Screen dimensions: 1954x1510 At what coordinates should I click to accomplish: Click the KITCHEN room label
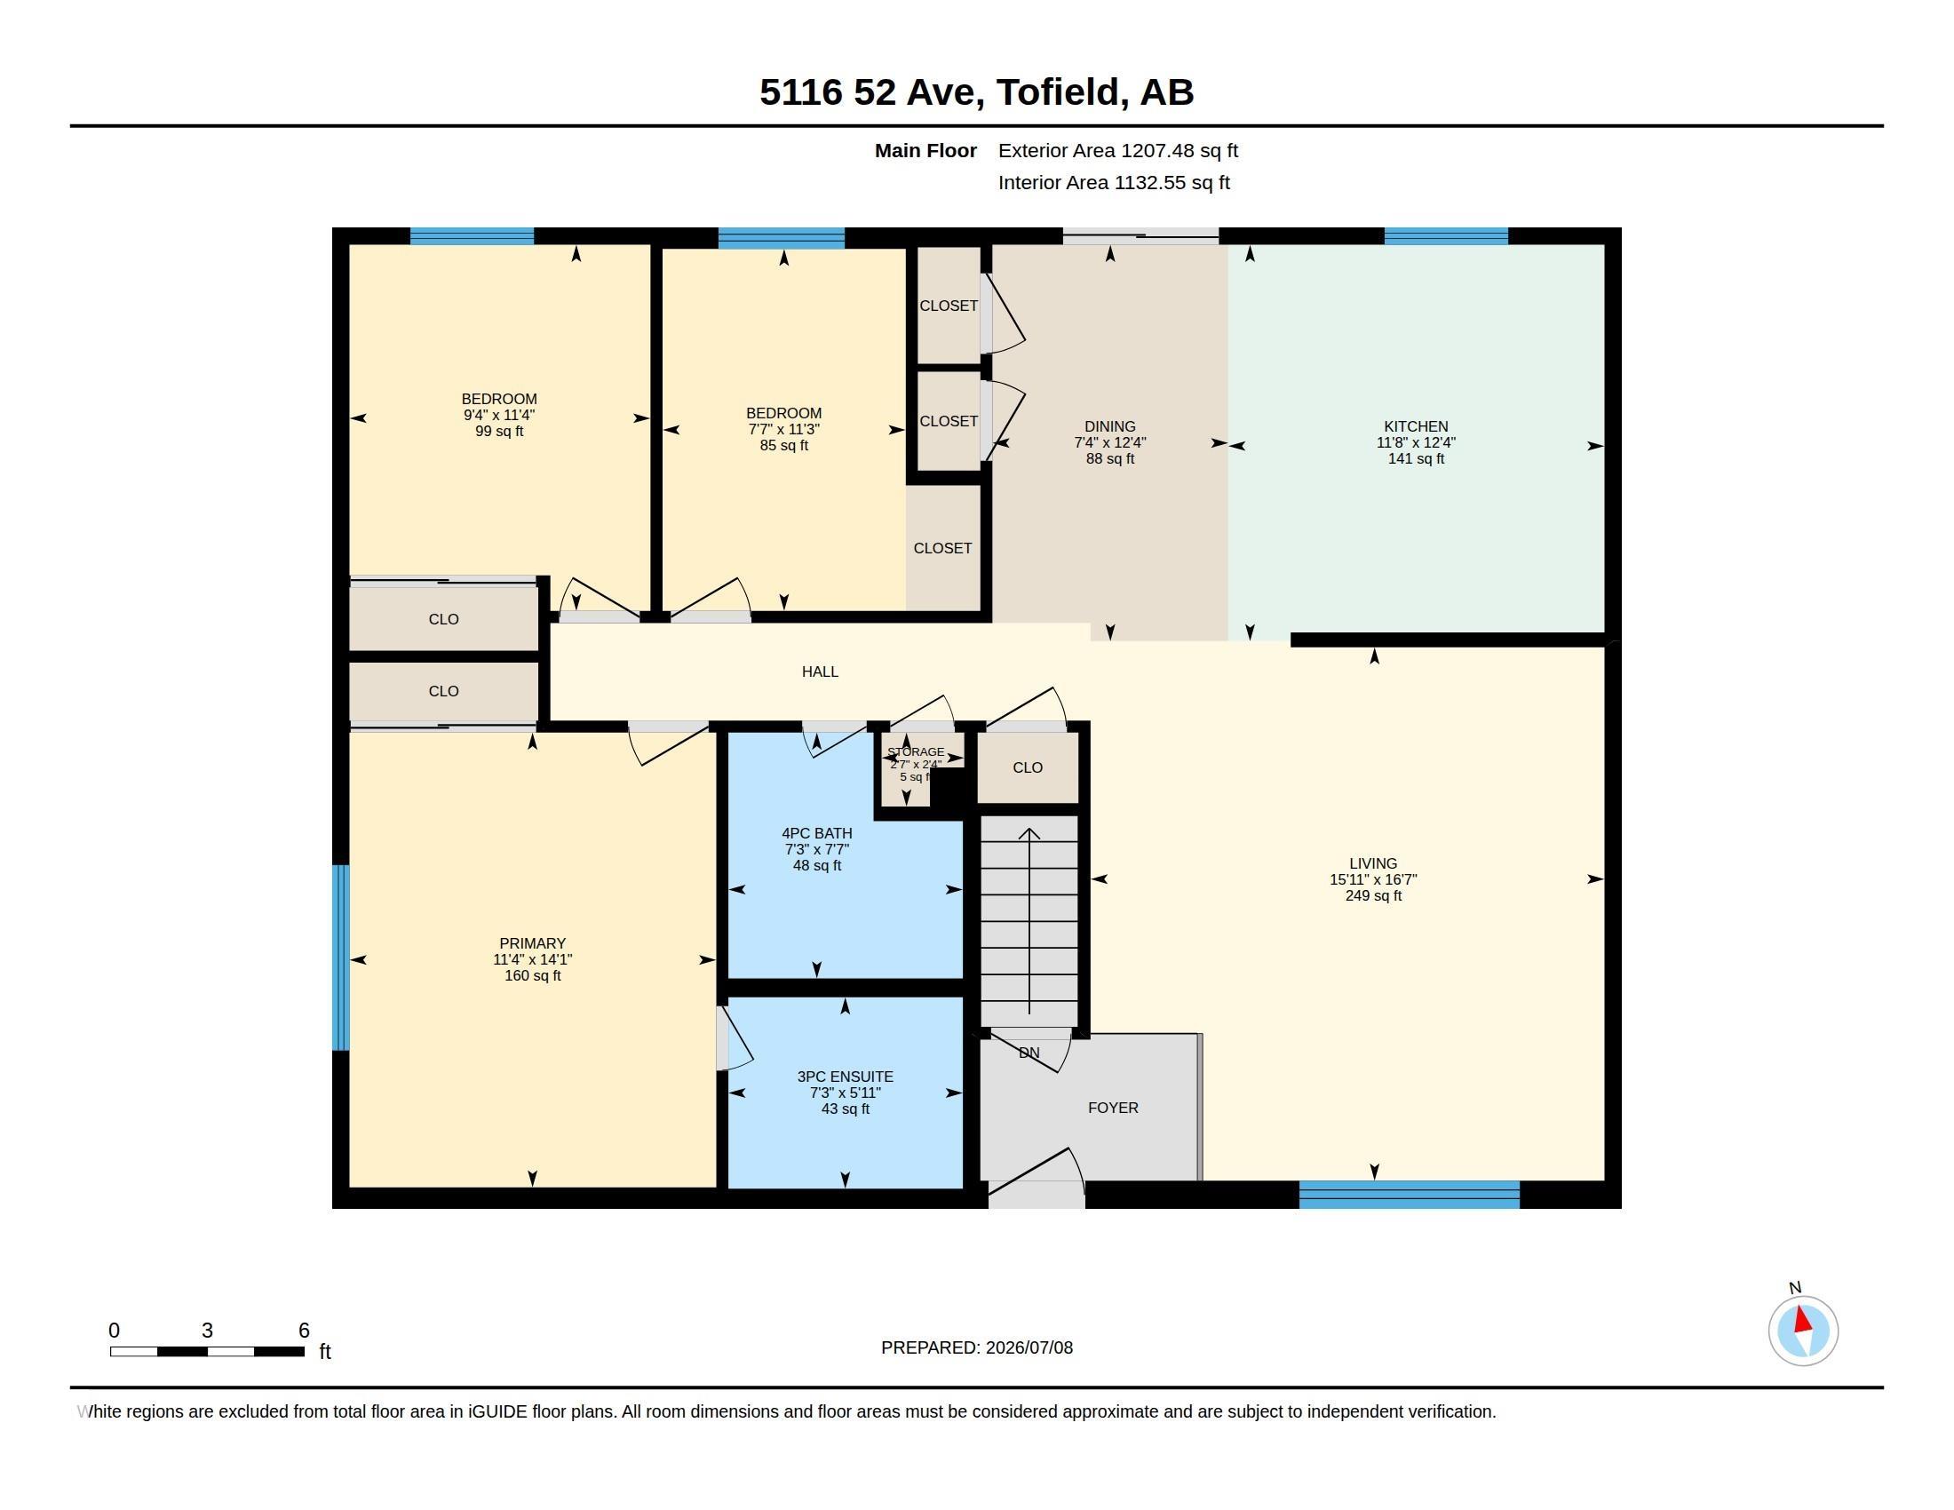[1416, 426]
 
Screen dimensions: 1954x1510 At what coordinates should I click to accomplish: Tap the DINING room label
[1109, 426]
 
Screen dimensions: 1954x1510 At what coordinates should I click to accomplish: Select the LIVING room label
[1372, 863]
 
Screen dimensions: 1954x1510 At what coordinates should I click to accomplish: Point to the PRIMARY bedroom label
[532, 942]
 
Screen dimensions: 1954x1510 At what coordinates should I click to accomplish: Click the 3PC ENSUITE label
[845, 1077]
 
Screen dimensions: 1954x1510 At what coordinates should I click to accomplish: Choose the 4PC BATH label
[816, 833]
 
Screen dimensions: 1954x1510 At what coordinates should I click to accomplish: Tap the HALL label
[820, 671]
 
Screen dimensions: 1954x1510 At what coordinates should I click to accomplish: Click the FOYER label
[1113, 1108]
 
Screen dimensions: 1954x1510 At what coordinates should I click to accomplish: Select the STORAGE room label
[915, 751]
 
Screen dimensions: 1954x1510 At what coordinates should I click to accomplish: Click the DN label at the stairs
[1029, 1052]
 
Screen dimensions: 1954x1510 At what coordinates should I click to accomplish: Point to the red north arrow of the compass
[1803, 1320]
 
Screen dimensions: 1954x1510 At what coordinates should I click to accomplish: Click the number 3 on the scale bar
[207, 1331]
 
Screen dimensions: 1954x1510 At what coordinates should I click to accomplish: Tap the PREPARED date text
[976, 1347]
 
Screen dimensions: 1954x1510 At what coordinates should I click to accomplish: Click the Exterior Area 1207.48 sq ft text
[1117, 150]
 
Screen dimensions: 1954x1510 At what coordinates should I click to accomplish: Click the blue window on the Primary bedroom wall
[341, 958]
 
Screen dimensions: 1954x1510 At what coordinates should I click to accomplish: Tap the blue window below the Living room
[1410, 1194]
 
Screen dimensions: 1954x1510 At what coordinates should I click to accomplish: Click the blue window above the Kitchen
[1446, 236]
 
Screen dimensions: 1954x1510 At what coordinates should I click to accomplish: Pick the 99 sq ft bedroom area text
[499, 431]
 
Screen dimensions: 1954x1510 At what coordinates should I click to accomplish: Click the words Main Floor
[925, 150]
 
